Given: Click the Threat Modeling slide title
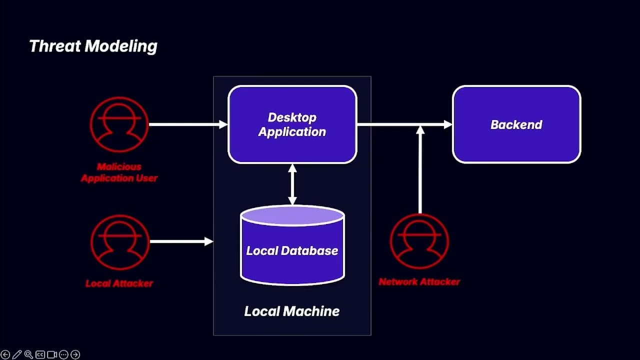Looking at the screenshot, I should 93,46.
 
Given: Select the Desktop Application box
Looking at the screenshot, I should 292,124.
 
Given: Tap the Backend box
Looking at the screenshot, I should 516,124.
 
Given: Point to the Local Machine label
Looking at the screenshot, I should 292,311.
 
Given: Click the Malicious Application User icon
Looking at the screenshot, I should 119,124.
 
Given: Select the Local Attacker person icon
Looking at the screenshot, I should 119,242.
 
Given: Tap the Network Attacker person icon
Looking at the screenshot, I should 419,241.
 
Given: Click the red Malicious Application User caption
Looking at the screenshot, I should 119,172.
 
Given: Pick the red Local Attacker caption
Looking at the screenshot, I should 119,283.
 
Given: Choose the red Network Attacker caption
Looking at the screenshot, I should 419,281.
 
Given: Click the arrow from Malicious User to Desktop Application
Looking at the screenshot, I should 187,124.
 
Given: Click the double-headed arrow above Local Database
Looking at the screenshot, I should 292,184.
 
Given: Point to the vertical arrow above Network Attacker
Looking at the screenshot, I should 420,170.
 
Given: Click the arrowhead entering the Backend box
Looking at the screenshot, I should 447,124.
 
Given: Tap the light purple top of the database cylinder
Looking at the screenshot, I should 292,215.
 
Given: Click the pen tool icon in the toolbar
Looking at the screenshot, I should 17,354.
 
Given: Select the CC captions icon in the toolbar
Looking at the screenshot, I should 40,354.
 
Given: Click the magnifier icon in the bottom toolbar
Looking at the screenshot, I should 28,354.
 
